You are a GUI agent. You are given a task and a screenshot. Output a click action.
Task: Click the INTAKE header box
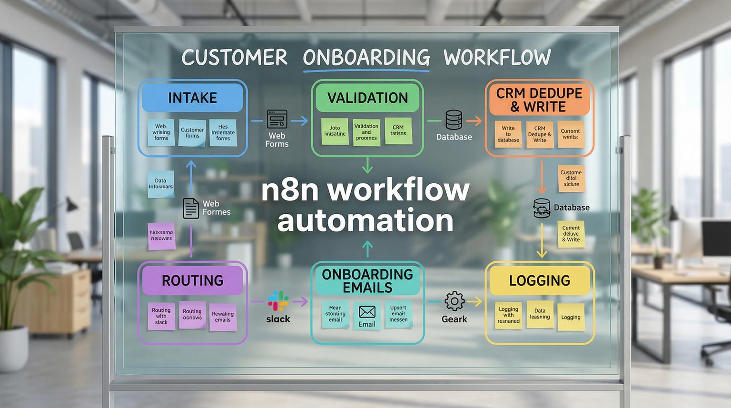point(192,98)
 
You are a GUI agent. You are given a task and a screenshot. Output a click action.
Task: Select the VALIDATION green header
point(367,98)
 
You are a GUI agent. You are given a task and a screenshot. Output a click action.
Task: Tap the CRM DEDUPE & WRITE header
point(539,100)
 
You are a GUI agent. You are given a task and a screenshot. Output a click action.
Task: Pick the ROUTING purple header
point(192,280)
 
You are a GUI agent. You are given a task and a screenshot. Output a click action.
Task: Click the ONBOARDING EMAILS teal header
point(367,280)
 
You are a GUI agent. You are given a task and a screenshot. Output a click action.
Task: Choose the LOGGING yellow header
point(539,280)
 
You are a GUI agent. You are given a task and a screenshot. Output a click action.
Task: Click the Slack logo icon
point(278,301)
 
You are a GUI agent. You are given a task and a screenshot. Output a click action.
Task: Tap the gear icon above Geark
point(454,301)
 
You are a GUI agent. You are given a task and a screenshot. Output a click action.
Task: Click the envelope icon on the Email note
point(367,312)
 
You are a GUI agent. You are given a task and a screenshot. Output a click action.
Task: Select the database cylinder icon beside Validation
point(454,120)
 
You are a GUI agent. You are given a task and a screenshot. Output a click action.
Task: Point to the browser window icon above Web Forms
point(277,119)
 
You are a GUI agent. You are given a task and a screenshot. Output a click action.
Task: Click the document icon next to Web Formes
point(191,208)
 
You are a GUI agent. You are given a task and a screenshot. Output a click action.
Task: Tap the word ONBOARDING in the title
point(366,58)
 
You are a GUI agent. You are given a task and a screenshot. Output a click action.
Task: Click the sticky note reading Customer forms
point(192,133)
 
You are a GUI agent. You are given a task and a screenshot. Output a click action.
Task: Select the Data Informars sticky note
point(160,184)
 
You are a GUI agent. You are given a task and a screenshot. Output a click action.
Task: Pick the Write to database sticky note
point(508,134)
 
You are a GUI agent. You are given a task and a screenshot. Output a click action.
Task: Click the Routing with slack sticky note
point(161,316)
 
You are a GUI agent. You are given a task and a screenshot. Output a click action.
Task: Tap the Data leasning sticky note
point(540,314)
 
